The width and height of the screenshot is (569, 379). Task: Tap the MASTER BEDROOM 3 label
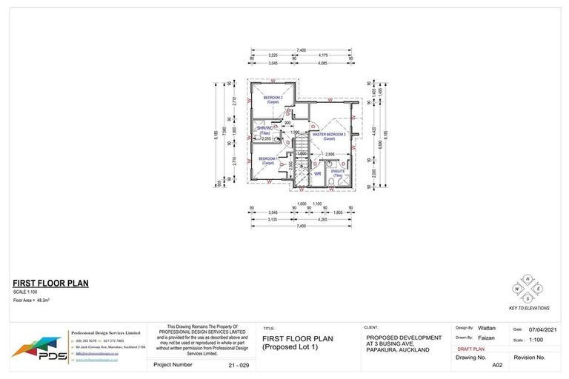[x=328, y=137]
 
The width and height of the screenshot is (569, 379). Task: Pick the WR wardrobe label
[x=317, y=175]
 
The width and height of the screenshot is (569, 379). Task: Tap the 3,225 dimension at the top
[x=273, y=56]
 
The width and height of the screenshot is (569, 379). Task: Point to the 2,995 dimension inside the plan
[x=330, y=155]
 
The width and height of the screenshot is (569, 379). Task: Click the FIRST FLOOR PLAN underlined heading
[x=50, y=284]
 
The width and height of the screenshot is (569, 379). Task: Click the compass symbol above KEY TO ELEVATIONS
[x=528, y=287]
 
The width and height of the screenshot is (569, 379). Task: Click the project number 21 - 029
[x=235, y=365]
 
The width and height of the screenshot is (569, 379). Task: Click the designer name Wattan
[x=488, y=327]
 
